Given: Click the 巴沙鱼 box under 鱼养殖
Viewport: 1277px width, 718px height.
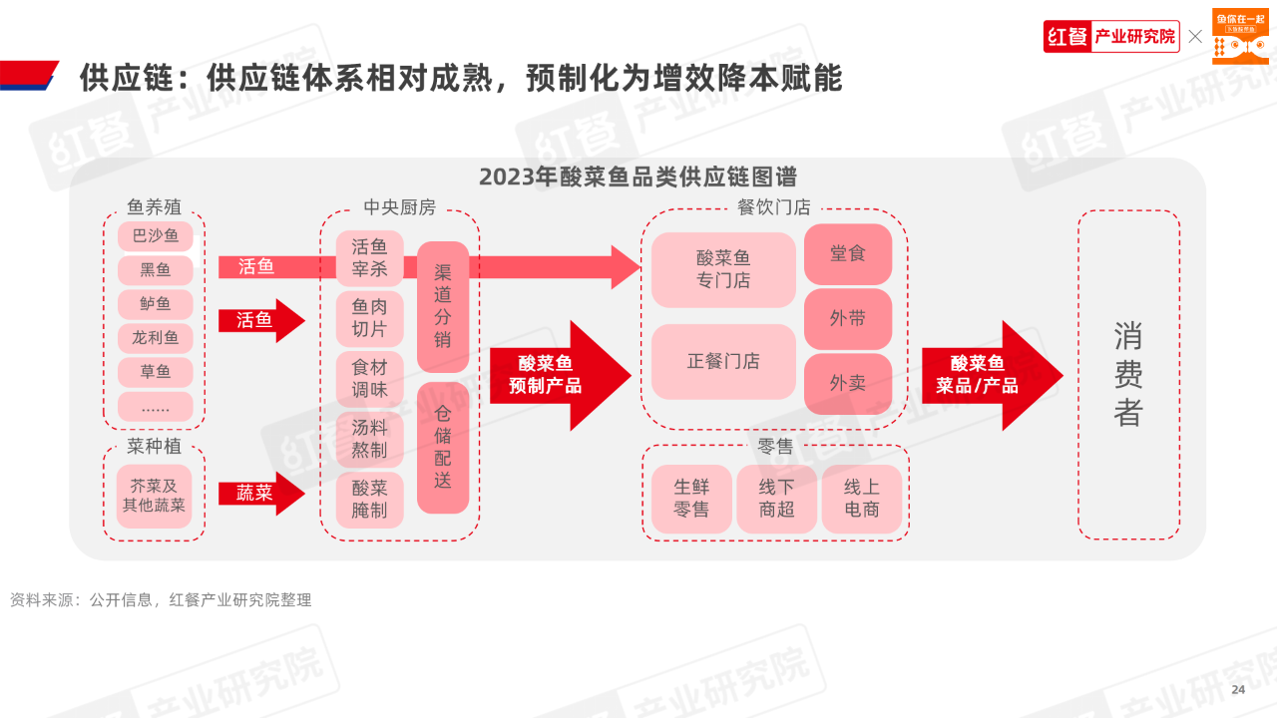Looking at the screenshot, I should click(x=155, y=236).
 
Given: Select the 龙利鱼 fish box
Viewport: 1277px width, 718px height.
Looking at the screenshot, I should click(x=155, y=338).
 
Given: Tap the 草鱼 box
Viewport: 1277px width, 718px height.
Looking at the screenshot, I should click(x=155, y=372).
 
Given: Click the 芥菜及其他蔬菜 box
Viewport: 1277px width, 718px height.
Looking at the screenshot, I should click(x=155, y=496).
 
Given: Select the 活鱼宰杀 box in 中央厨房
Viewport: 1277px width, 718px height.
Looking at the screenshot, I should click(x=369, y=258).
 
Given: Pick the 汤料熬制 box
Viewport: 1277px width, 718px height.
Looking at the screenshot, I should click(x=369, y=439).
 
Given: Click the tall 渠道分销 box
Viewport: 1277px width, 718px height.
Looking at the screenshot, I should click(x=443, y=306).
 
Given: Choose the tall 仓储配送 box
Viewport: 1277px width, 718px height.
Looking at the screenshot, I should click(x=443, y=447).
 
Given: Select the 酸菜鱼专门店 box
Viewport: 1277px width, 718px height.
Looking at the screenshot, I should click(x=723, y=269).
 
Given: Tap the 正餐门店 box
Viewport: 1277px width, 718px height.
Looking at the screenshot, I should click(x=723, y=361).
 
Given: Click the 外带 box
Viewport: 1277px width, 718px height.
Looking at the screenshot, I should click(x=847, y=318).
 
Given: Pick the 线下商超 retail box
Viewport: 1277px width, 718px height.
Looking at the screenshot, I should click(x=776, y=498).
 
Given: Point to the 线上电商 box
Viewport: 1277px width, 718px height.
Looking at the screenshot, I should click(x=861, y=498).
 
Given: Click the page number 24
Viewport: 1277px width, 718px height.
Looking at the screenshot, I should click(x=1238, y=690).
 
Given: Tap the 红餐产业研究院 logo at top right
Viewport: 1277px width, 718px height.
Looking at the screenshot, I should click(x=1111, y=37).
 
